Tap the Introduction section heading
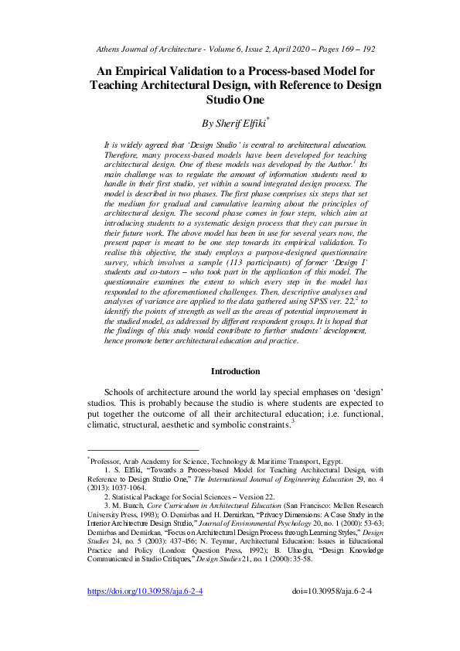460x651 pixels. [x=236, y=371]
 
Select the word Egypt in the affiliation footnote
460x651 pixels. [x=332, y=461]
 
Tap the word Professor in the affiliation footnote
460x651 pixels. [x=107, y=461]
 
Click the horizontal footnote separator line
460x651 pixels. [x=142, y=449]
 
